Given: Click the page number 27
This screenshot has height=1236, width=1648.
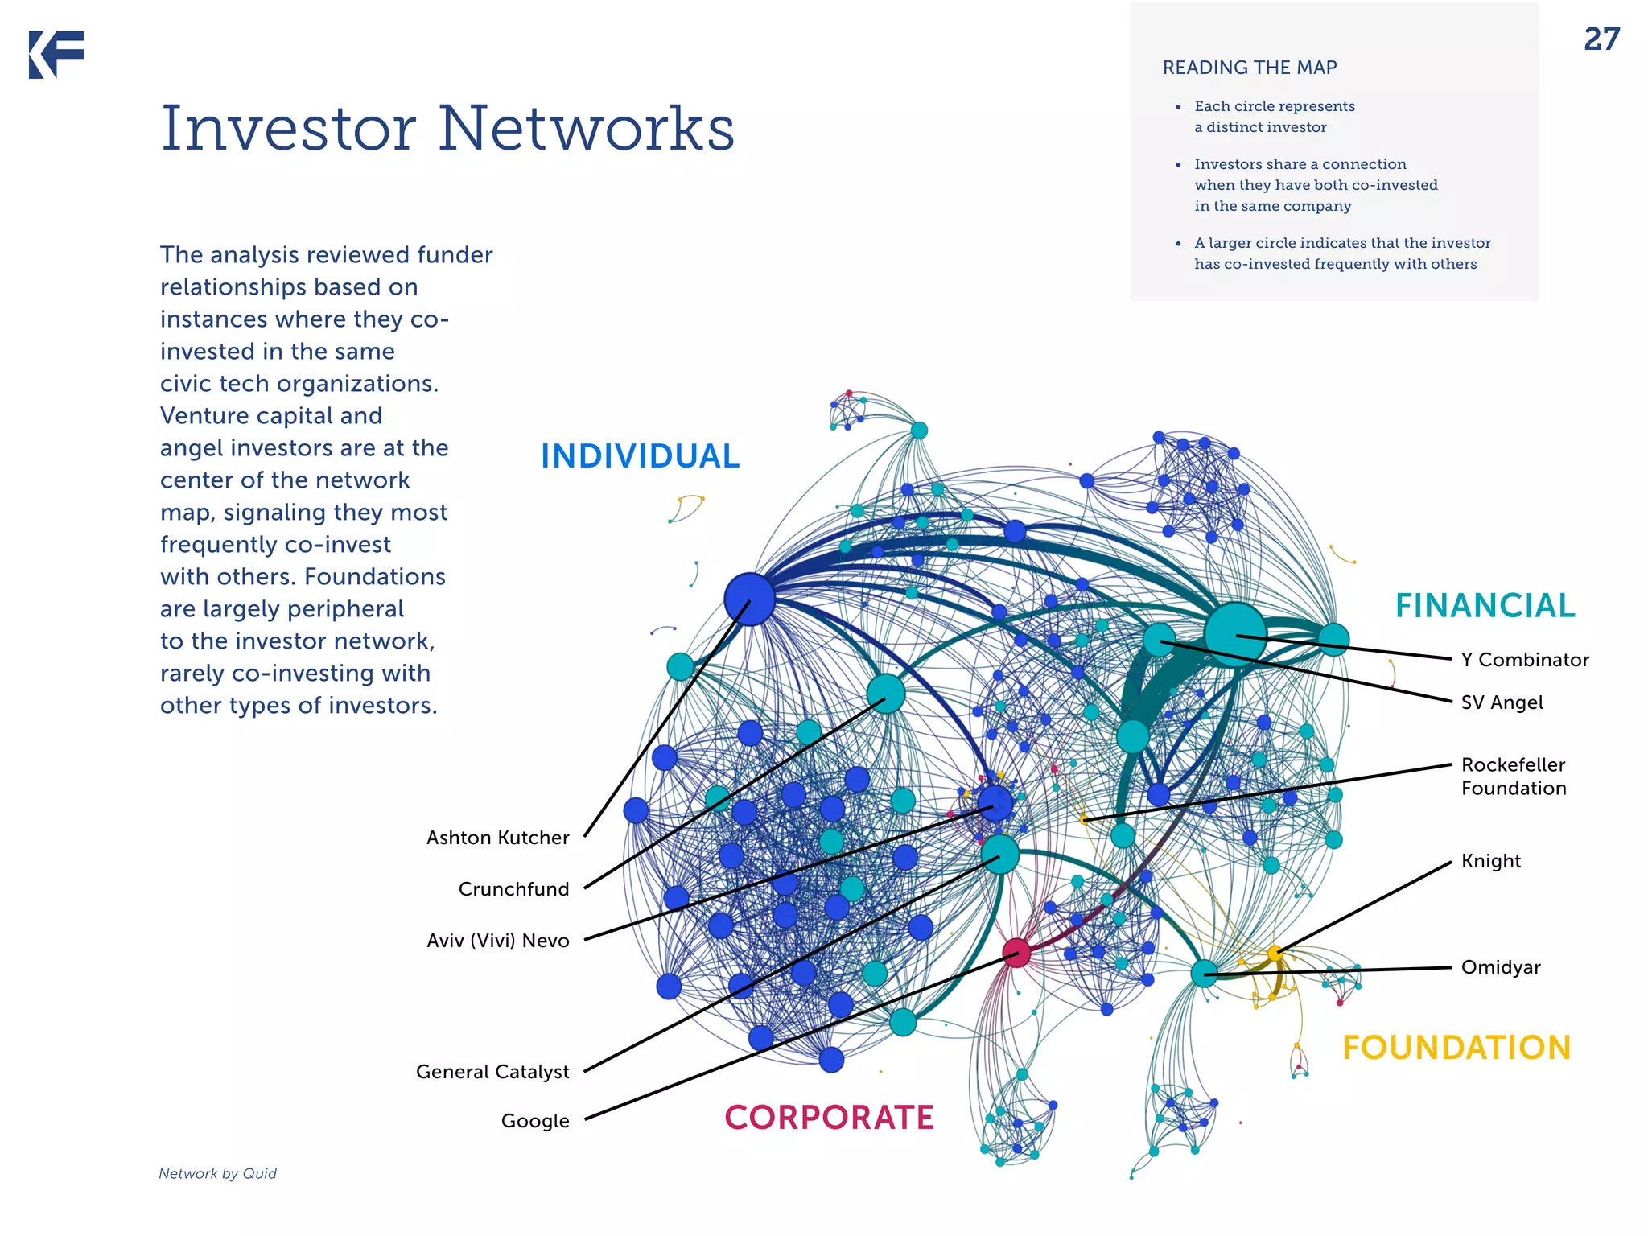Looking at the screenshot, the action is (1601, 39).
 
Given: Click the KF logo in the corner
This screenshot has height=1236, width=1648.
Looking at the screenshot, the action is (56, 55).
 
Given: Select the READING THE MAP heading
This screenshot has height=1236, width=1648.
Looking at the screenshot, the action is (1250, 68).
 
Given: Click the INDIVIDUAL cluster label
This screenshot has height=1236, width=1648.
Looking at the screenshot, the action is (640, 456).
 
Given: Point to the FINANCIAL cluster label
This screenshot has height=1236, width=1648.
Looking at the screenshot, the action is (1485, 606).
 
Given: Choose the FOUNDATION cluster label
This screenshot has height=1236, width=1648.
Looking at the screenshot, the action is (1456, 1048).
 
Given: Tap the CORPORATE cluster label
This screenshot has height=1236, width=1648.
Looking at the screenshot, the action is (829, 1118).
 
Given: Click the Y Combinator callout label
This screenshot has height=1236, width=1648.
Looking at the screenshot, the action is (1525, 660).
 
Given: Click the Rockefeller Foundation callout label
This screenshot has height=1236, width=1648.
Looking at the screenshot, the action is (1514, 777).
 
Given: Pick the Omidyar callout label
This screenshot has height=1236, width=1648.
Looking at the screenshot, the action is (1501, 967).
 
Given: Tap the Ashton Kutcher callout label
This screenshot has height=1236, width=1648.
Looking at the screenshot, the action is (497, 838).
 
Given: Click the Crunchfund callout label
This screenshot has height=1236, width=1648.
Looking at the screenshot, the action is (513, 889).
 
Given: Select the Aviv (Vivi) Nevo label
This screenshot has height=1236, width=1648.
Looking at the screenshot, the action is (497, 941).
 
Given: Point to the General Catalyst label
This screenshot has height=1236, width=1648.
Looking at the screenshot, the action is (492, 1072).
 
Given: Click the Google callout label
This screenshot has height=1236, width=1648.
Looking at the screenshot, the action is (535, 1121).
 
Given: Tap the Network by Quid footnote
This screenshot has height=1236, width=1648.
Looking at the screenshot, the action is (217, 1173).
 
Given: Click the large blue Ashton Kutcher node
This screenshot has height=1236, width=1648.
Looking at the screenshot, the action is (749, 599).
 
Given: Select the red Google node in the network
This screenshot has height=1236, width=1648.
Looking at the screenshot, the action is (1016, 953).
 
